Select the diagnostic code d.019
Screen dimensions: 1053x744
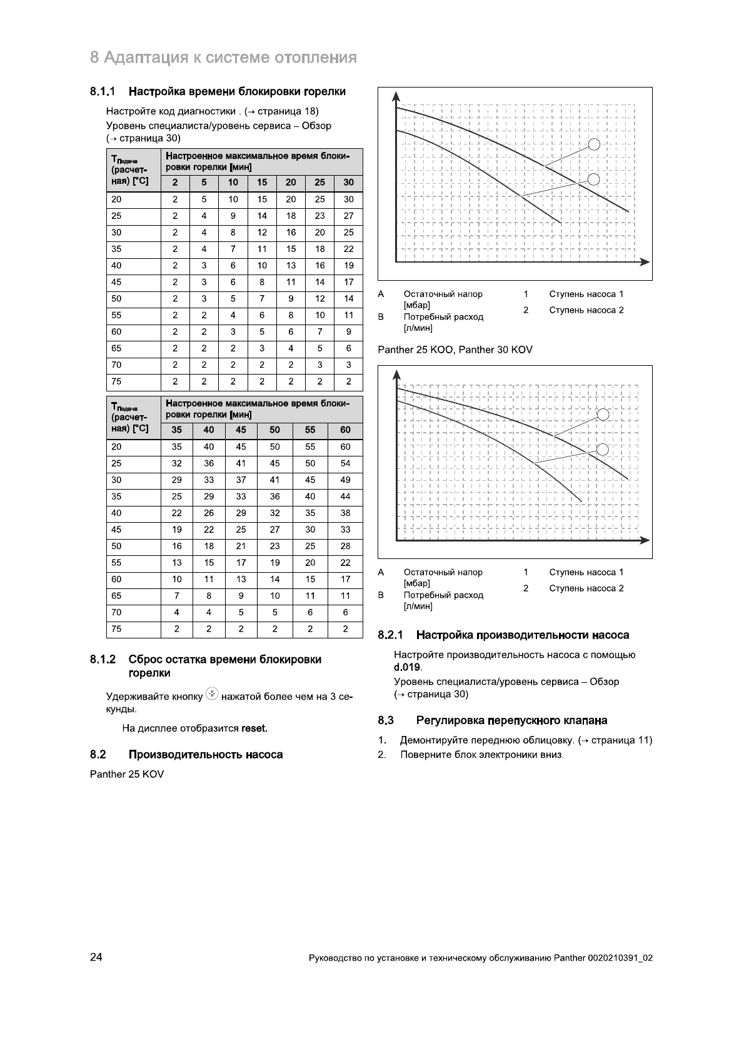(x=407, y=667)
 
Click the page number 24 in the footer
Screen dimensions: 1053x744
(x=96, y=957)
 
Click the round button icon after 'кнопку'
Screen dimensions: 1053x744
(x=212, y=694)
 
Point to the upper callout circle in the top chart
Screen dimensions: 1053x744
(x=595, y=144)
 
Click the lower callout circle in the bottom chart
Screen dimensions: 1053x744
(x=603, y=450)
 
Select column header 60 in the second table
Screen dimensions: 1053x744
(x=345, y=430)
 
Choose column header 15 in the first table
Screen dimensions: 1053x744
(x=262, y=183)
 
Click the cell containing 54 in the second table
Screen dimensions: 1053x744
(x=345, y=464)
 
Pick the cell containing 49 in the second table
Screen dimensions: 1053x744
(x=345, y=480)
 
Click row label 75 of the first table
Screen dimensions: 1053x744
(x=117, y=381)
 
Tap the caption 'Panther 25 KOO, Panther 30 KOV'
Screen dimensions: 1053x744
(x=455, y=350)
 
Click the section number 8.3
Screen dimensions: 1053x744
(x=386, y=721)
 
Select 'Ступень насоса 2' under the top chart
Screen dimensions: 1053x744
(x=586, y=310)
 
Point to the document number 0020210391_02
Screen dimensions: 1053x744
(x=620, y=958)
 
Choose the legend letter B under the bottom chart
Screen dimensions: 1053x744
(x=381, y=595)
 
